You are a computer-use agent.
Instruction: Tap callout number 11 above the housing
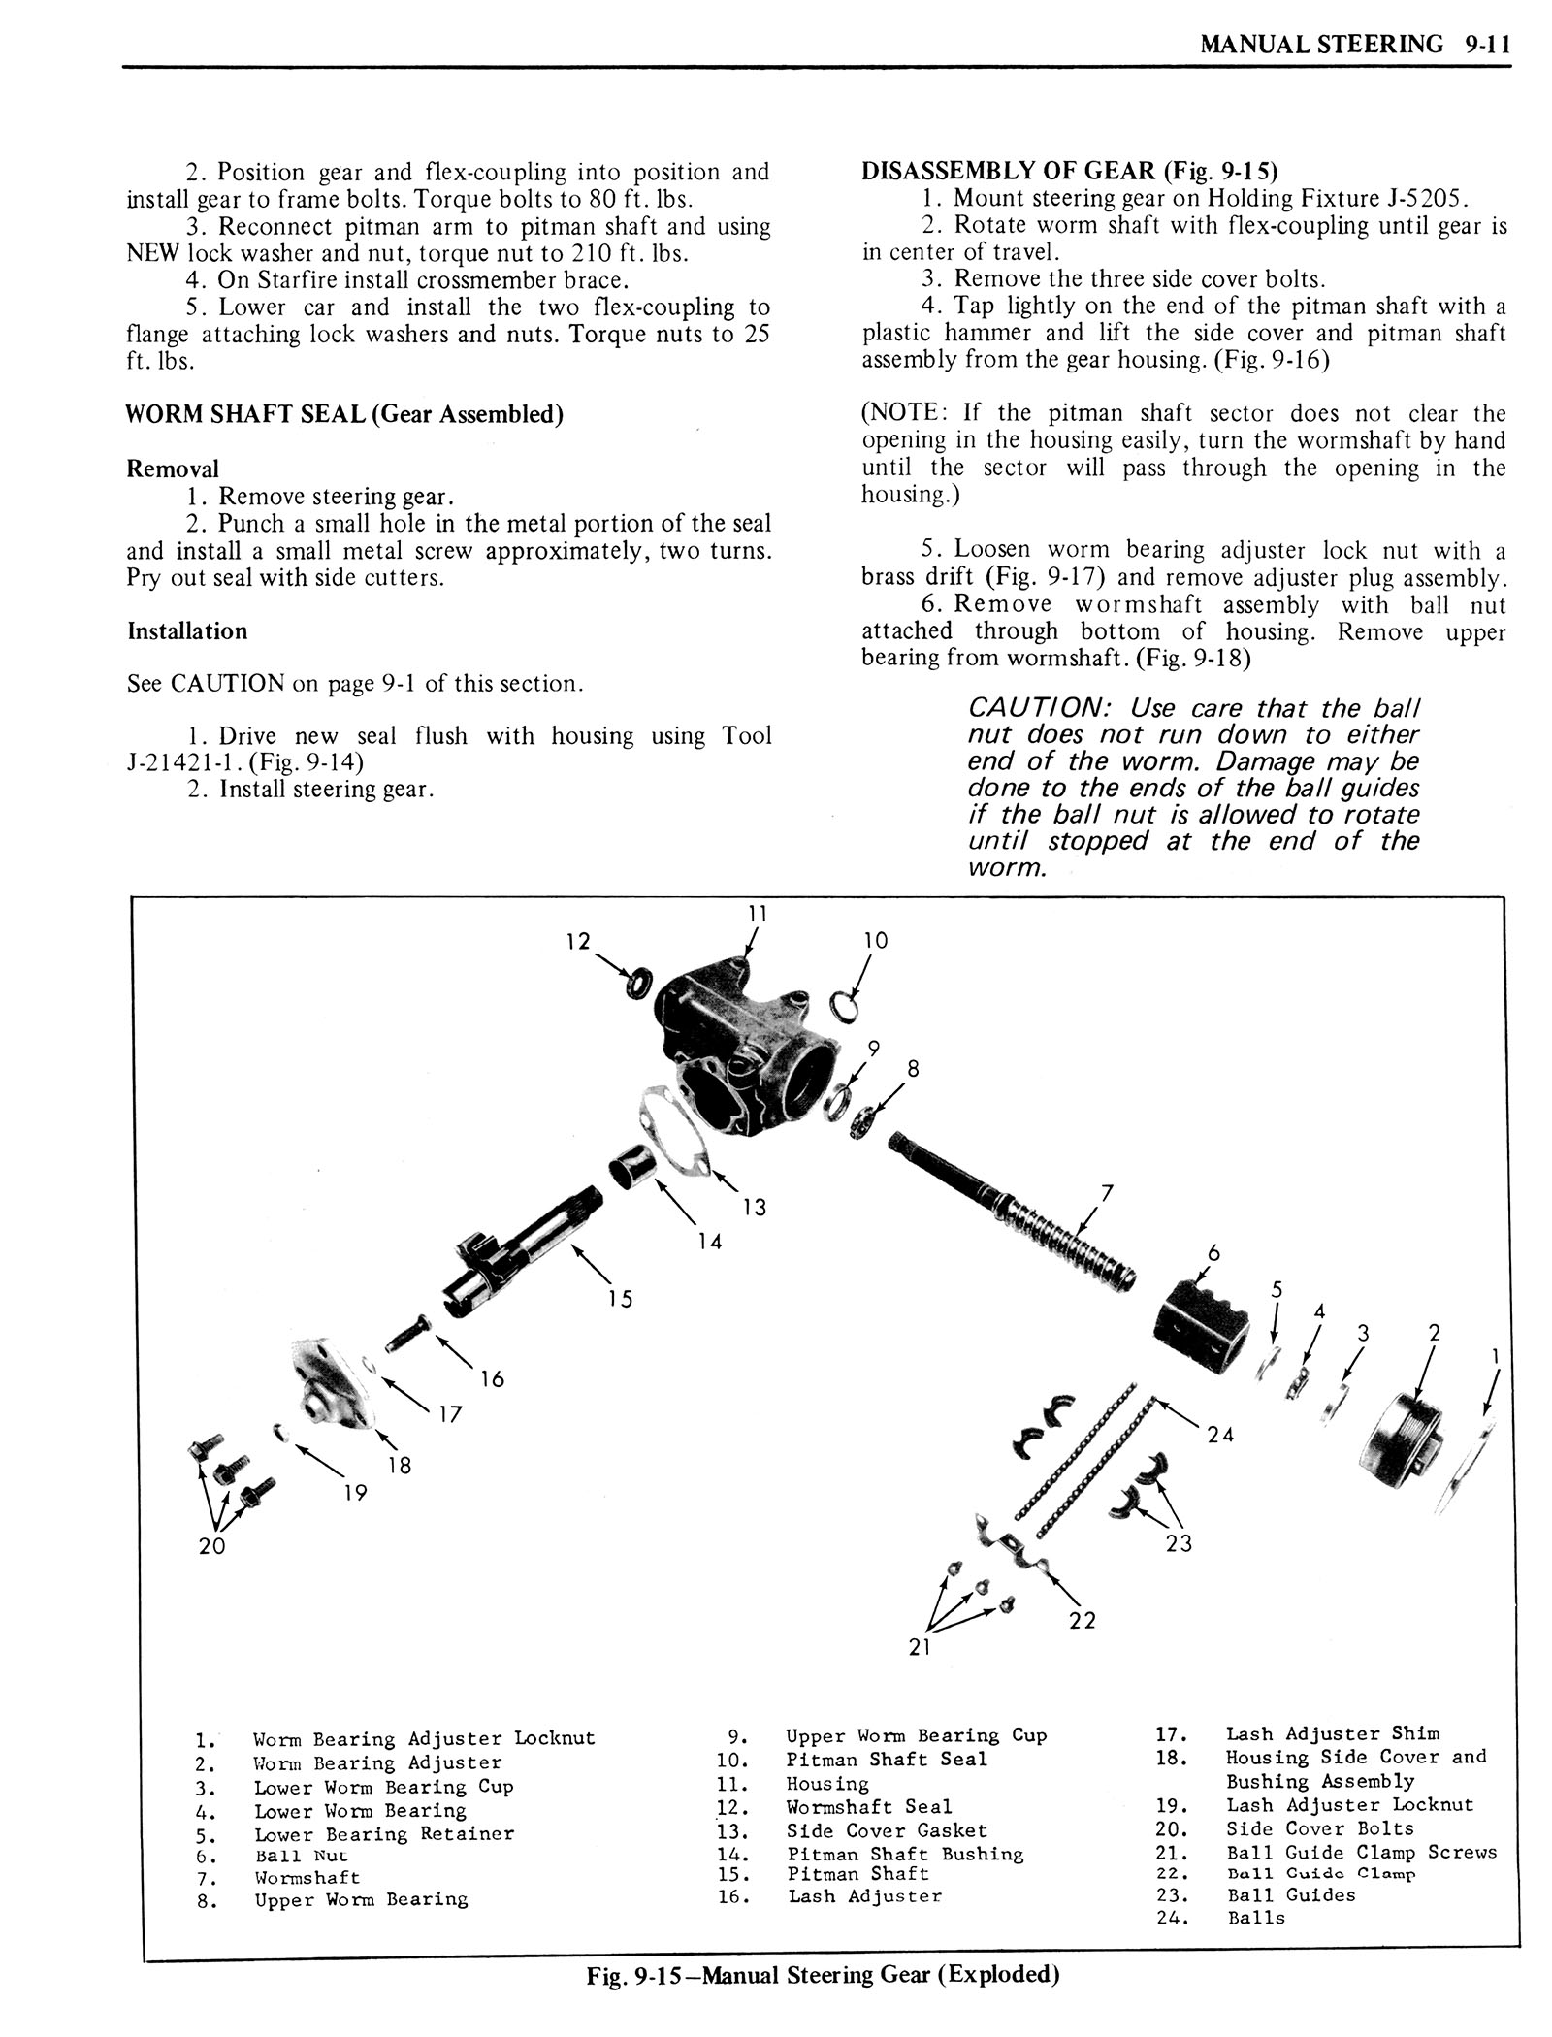757,913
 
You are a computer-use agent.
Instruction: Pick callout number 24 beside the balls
1220,1434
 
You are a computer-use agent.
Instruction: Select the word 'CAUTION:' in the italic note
1034,709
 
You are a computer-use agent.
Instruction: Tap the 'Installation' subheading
187,631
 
